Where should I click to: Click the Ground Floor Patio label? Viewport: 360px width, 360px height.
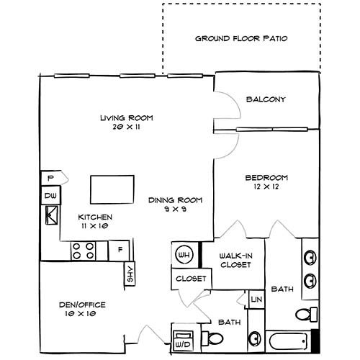pos(241,37)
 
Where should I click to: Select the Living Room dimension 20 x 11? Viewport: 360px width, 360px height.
pos(126,127)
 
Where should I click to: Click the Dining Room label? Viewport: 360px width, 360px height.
pos(176,200)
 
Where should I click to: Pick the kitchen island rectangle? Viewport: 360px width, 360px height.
pos(112,189)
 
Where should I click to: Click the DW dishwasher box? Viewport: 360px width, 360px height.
pos(51,195)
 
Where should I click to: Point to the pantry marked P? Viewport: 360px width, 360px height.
pos(51,177)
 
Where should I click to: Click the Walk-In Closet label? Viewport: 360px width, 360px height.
pos(235,260)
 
